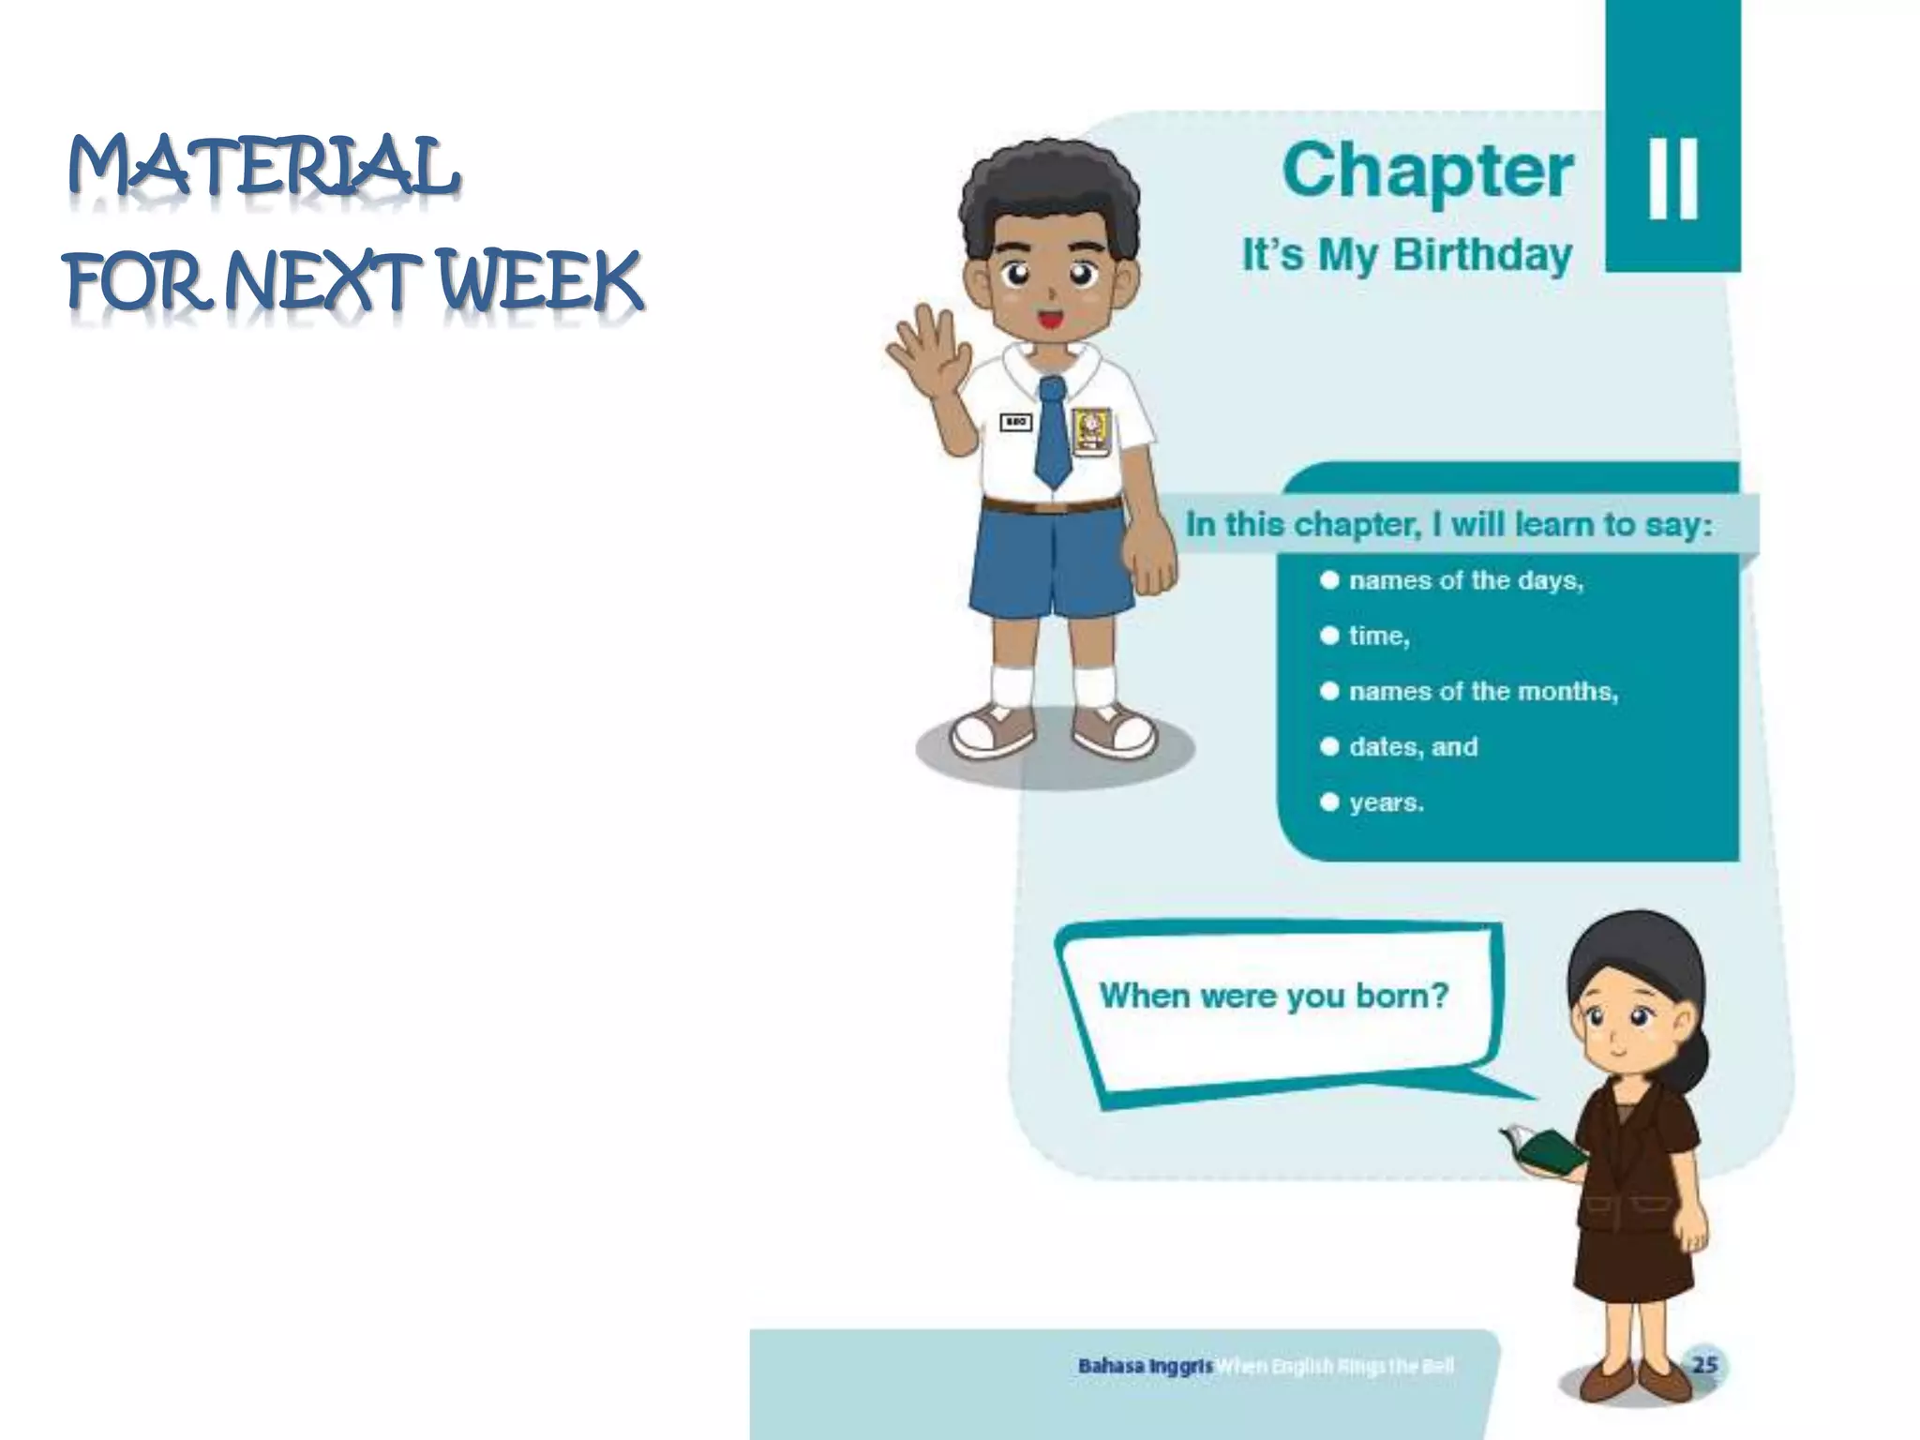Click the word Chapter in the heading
(x=1427, y=171)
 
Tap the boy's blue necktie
(x=1052, y=431)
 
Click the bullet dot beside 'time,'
(x=1328, y=636)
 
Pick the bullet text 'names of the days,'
(x=1465, y=581)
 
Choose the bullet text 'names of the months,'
(x=1483, y=692)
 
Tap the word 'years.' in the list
(x=1387, y=803)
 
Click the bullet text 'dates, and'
(x=1413, y=747)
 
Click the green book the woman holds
(x=1547, y=1151)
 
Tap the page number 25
(x=1704, y=1364)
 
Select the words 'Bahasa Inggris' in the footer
(x=1145, y=1366)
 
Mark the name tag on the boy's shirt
(x=1015, y=423)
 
